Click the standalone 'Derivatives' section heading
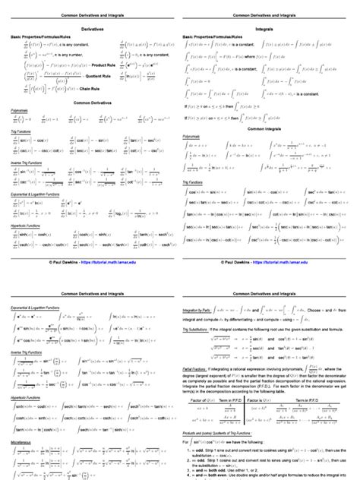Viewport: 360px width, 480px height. (90, 27)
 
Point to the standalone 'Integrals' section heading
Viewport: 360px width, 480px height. (270, 27)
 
